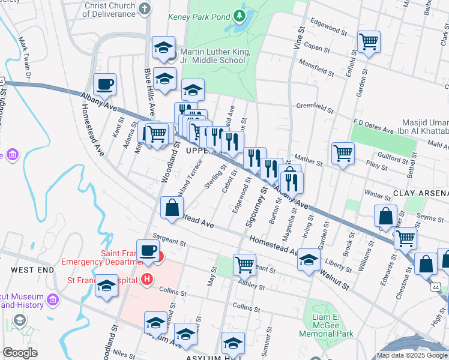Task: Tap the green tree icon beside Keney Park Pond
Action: coord(240,15)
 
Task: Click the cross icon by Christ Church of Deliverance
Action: coord(144,8)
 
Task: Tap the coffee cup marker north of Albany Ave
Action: coord(105,85)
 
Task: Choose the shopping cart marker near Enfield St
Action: coord(369,42)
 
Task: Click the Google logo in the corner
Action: coord(20,353)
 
